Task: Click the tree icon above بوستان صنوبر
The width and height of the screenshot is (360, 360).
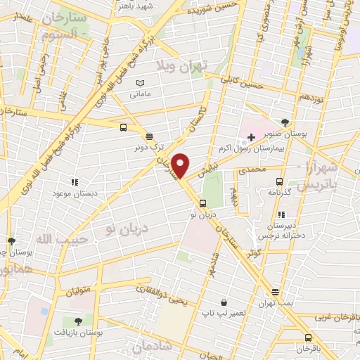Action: pyautogui.click(x=284, y=122)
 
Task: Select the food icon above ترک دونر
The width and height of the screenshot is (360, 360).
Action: pyautogui.click(x=149, y=136)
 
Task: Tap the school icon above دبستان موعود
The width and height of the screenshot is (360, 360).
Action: pyautogui.click(x=76, y=182)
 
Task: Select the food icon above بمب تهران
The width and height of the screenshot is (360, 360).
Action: pyautogui.click(x=275, y=292)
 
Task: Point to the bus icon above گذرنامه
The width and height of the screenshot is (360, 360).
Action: pyautogui.click(x=279, y=181)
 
